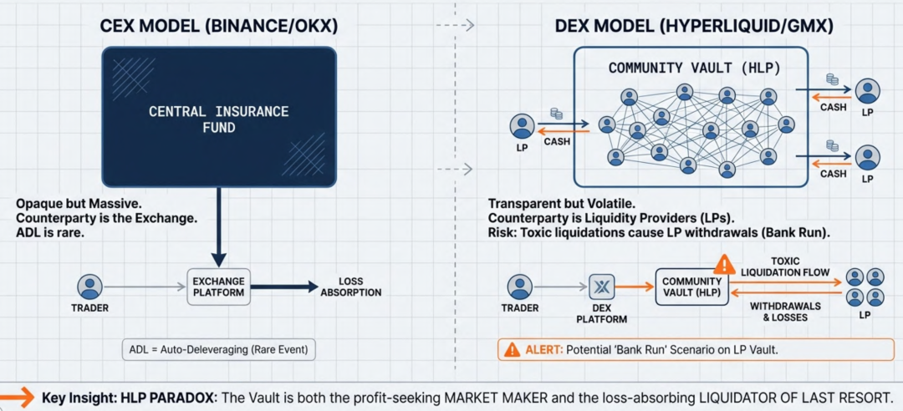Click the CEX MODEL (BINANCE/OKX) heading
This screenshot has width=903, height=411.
tap(219, 25)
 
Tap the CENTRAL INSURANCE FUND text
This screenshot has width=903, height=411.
tap(219, 119)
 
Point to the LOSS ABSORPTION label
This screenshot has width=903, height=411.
tap(350, 287)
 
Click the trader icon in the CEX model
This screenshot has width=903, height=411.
tap(89, 287)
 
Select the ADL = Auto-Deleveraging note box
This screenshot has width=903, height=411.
tap(219, 349)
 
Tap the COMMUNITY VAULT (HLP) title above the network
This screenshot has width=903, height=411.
tap(691, 68)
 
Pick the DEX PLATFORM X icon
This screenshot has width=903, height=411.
tap(602, 287)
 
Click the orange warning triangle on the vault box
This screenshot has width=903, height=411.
tap(724, 266)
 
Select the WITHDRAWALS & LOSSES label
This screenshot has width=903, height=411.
tap(785, 312)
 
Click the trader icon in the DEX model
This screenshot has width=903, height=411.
tap(520, 287)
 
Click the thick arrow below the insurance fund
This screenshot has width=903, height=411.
tap(219, 226)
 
